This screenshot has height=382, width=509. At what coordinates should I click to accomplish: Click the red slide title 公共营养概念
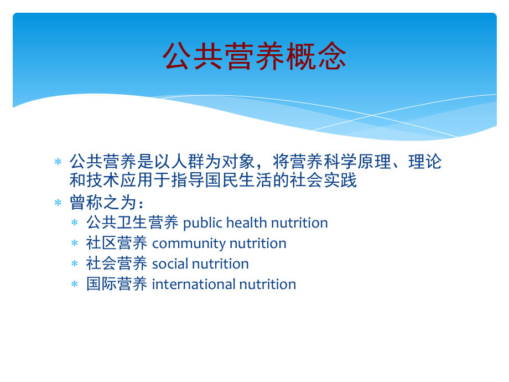coord(254,56)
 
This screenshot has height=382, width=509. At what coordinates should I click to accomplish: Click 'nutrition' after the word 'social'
coord(220,264)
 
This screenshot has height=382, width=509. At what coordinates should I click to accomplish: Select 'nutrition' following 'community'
coord(258,243)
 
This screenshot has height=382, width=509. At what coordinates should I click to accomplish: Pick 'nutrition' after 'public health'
coord(299,223)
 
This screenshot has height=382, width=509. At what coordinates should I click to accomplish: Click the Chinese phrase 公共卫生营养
coord(132,223)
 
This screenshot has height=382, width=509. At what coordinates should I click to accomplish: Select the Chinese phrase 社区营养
coord(117,243)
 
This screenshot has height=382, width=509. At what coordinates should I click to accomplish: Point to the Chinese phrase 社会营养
coord(117,264)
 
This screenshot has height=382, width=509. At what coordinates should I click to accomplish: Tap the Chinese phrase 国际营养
coord(117,284)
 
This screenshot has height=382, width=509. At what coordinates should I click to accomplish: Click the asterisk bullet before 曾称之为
coord(58,203)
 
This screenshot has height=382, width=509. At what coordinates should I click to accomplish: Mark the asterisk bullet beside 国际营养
coord(75,284)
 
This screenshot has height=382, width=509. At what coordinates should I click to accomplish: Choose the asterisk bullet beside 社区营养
coord(75,243)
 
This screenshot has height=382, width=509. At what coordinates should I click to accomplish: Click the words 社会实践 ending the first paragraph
coord(323,180)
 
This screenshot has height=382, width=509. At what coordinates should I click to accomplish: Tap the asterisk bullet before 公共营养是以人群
coord(58,162)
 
